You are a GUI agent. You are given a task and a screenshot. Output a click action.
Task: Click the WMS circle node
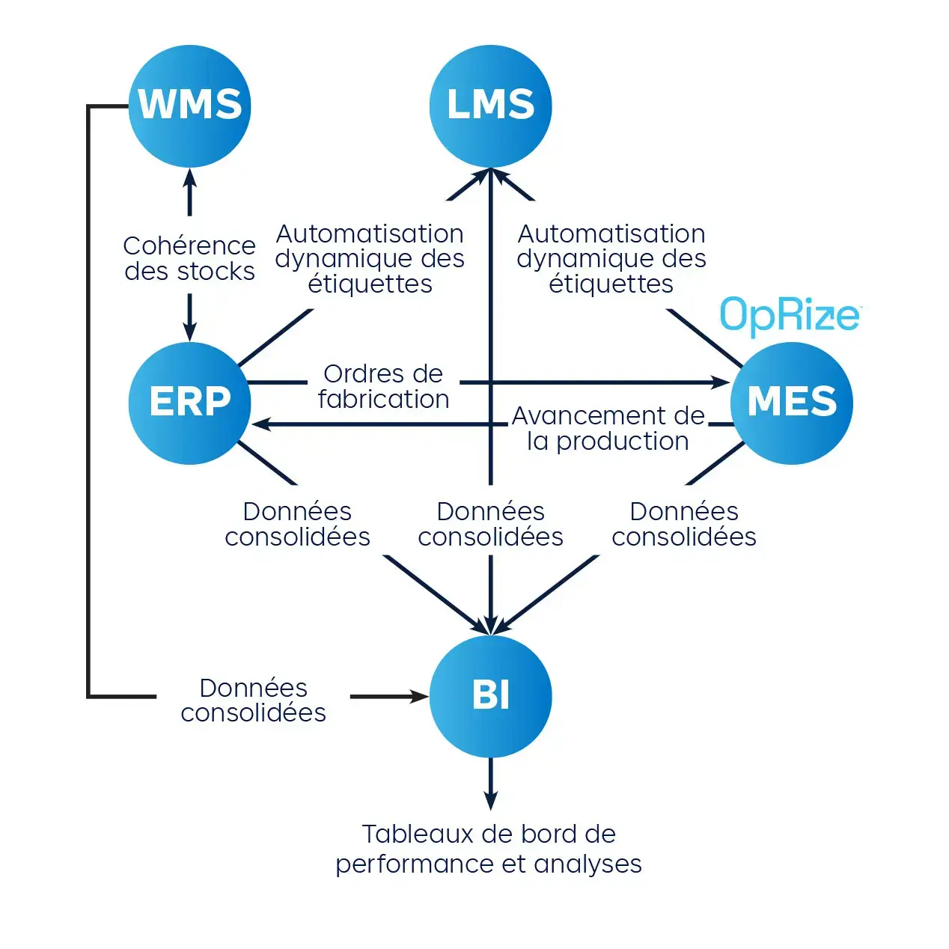click(x=189, y=106)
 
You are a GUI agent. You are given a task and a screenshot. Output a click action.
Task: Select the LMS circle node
click(x=490, y=106)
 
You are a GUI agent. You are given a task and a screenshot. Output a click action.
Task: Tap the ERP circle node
click(x=189, y=403)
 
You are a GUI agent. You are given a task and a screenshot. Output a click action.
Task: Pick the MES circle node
click(x=791, y=403)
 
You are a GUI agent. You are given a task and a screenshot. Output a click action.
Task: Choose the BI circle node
click(x=490, y=696)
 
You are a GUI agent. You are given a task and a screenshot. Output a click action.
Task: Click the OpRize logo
click(x=790, y=316)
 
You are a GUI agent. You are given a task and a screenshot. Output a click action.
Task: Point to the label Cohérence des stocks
click(x=189, y=258)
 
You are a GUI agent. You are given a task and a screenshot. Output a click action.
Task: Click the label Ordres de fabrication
click(x=383, y=386)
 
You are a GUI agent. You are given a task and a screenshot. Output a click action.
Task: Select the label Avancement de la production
click(x=608, y=428)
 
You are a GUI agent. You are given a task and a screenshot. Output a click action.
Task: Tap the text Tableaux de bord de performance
click(x=489, y=848)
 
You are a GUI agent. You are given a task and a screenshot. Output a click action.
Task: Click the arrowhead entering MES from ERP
click(x=719, y=382)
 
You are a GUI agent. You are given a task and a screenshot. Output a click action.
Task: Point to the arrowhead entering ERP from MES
click(x=262, y=424)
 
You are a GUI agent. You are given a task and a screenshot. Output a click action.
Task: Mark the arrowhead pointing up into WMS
click(x=189, y=178)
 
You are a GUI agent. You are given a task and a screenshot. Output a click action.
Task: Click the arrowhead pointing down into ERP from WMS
click(x=189, y=331)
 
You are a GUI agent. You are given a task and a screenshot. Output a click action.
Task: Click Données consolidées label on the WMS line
click(x=253, y=701)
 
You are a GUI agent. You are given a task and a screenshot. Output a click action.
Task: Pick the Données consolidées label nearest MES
click(x=684, y=523)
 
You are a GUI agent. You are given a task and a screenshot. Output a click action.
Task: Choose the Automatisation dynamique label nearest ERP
click(x=370, y=258)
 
